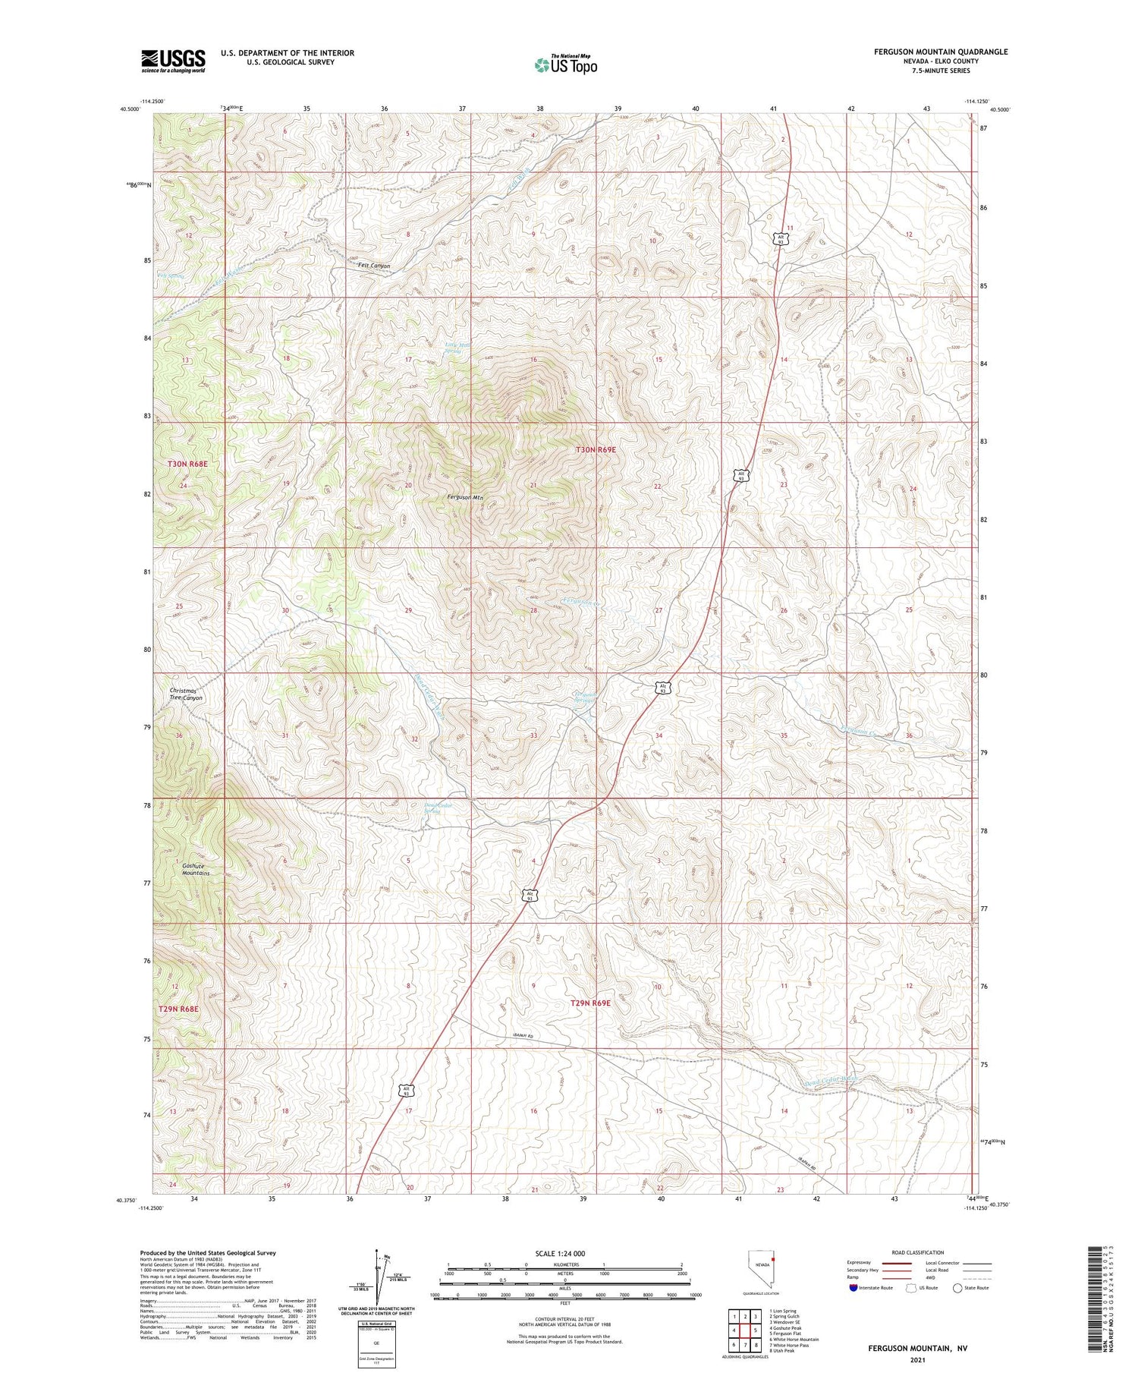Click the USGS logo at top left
point(173,61)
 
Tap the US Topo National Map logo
point(565,65)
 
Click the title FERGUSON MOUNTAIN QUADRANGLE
point(940,52)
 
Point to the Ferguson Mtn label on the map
point(466,498)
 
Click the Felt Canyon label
point(373,266)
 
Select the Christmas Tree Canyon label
point(186,694)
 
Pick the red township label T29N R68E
point(178,1009)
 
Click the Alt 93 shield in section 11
point(781,238)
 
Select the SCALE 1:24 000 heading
point(560,1253)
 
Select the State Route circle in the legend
point(957,1287)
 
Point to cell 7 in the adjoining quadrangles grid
point(744,1344)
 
